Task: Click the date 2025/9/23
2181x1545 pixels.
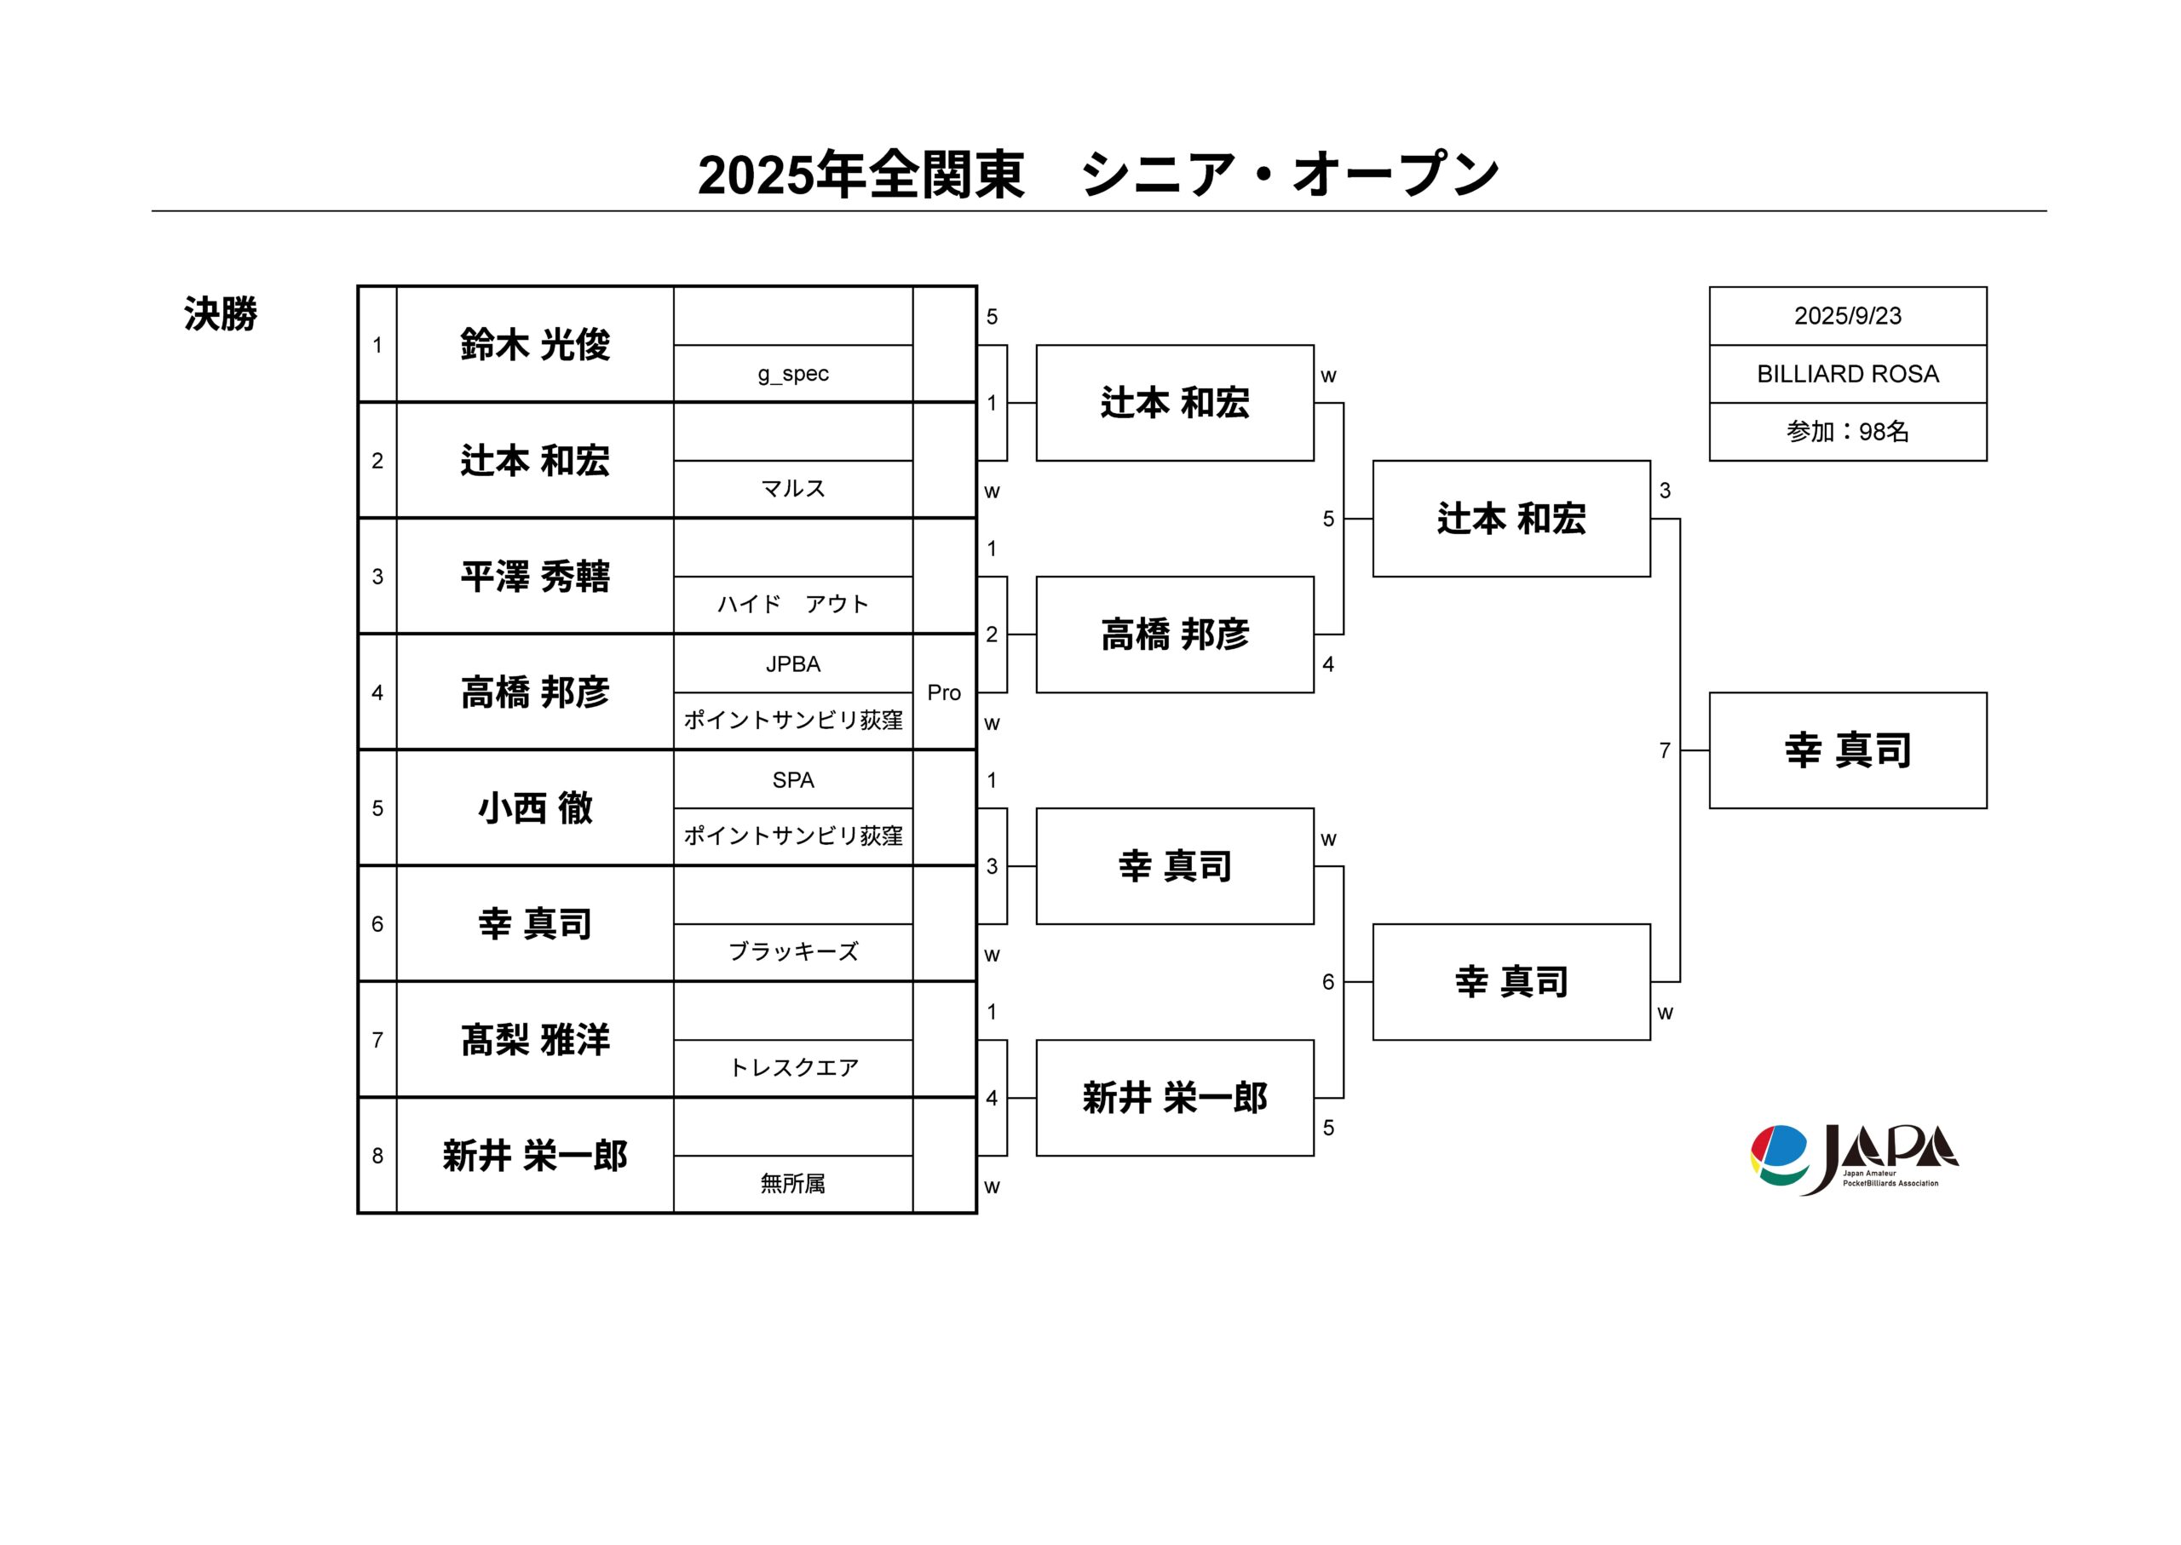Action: [x=1847, y=316]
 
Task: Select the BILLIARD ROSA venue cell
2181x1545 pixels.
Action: [x=1847, y=374]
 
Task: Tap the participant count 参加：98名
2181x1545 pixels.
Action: [x=1847, y=432]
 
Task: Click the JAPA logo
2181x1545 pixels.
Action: [x=1854, y=1158]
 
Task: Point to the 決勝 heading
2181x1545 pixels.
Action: [x=221, y=314]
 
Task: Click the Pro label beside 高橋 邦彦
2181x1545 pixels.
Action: [x=944, y=692]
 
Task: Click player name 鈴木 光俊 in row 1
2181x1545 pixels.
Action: [x=535, y=344]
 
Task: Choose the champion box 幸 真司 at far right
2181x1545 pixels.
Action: [x=1848, y=750]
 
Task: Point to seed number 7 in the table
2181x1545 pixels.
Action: [x=377, y=1040]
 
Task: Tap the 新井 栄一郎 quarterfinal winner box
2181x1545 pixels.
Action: [x=1175, y=1098]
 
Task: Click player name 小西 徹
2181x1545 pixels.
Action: [x=535, y=808]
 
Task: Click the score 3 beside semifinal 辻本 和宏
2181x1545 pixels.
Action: [x=1666, y=491]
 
